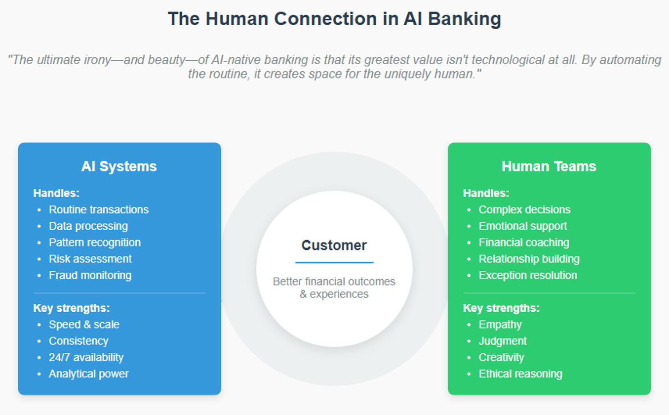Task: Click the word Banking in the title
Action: (464, 19)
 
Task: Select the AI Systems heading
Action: (119, 166)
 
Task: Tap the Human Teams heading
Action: (549, 166)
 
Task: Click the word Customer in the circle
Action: (334, 246)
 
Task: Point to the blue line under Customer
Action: (334, 262)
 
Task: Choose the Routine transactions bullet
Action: (99, 209)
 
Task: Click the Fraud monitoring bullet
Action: (90, 275)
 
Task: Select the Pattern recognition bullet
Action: (95, 242)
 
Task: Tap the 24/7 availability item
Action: (86, 357)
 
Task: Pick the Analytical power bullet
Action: (89, 373)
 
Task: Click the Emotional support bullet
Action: (523, 226)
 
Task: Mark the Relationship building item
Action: (529, 259)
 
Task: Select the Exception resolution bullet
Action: (528, 275)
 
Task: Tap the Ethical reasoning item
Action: (520, 373)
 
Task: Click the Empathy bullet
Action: (500, 325)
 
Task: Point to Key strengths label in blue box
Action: (72, 308)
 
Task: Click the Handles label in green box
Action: (486, 193)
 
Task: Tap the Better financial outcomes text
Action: (334, 282)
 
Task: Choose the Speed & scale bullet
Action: (84, 325)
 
